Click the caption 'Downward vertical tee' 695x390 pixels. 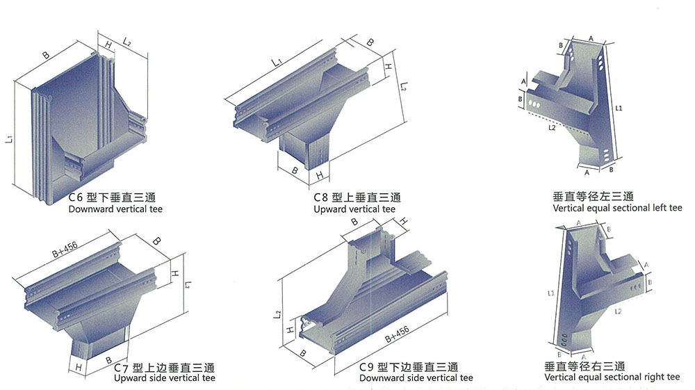click(x=115, y=209)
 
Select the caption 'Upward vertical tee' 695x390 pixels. click(x=354, y=209)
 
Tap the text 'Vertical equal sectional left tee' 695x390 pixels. click(x=618, y=208)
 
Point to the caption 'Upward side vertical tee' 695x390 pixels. click(x=164, y=378)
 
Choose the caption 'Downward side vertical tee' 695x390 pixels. click(x=416, y=378)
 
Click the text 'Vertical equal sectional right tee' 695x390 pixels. click(x=612, y=377)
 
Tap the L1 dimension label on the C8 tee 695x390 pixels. click(x=277, y=63)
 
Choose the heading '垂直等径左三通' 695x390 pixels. click(x=589, y=197)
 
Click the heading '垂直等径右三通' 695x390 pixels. click(x=585, y=366)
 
